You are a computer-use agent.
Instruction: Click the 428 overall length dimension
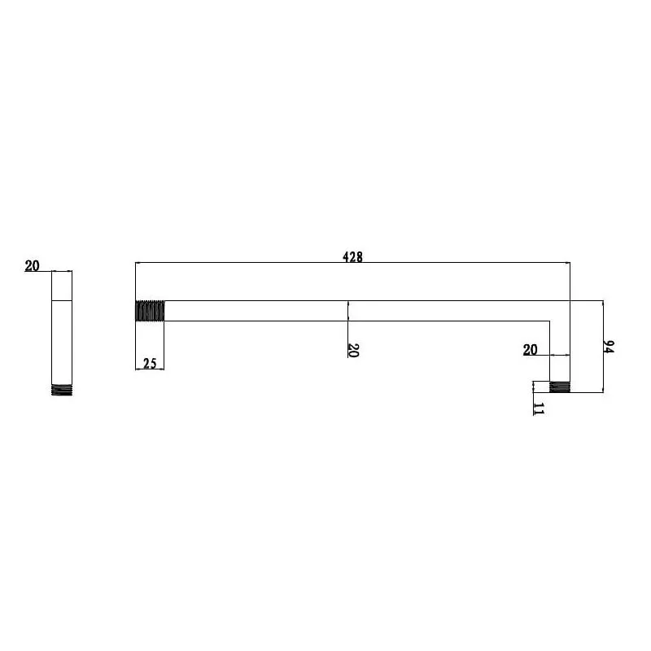[x=352, y=257]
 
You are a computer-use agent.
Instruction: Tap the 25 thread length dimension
[x=150, y=363]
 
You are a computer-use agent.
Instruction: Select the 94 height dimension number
[x=608, y=347]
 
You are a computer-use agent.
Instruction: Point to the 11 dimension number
[x=538, y=409]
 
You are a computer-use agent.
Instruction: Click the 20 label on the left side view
[x=32, y=266]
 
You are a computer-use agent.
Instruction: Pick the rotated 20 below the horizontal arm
[x=352, y=350]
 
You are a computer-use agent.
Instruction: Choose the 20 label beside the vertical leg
[x=530, y=350]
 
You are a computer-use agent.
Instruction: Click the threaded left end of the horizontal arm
[x=150, y=311]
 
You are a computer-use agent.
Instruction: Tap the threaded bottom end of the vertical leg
[x=560, y=387]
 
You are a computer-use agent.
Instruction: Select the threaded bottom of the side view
[x=62, y=390]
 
